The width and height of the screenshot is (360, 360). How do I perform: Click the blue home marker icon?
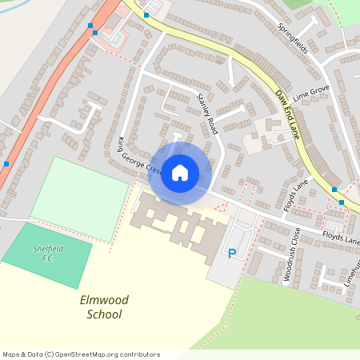pos(180,172)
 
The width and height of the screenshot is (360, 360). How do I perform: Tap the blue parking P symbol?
pos(232,254)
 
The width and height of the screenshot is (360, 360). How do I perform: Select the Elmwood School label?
pos(104,307)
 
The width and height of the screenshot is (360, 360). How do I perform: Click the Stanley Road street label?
pos(207,114)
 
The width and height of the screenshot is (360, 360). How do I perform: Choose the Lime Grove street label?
pos(311,95)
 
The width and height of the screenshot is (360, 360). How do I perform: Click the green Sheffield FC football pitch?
pos(44,256)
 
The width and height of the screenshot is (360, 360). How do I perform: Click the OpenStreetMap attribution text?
pos(81,354)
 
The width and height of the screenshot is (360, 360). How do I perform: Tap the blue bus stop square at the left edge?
pos(6,163)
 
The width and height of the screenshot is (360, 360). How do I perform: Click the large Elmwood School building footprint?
pos(180,228)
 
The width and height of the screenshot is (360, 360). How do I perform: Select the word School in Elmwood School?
pos(104,314)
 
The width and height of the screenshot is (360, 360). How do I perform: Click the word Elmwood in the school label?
pos(104,300)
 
